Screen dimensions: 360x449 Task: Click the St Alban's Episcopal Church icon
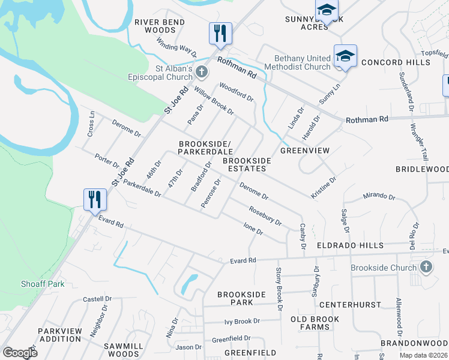[x=202, y=73]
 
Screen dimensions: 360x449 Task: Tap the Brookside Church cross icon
[x=426, y=267]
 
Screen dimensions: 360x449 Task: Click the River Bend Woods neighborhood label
[x=155, y=26]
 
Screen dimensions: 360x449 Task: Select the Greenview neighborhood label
[x=305, y=151]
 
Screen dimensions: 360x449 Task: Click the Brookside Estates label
[x=247, y=165]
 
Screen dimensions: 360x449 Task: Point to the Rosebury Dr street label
[x=265, y=215]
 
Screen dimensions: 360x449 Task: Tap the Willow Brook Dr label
[x=213, y=100]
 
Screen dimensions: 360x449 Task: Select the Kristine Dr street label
[x=324, y=188]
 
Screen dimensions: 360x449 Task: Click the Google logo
[x=20, y=352]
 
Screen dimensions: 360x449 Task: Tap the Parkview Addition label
[x=59, y=335]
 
